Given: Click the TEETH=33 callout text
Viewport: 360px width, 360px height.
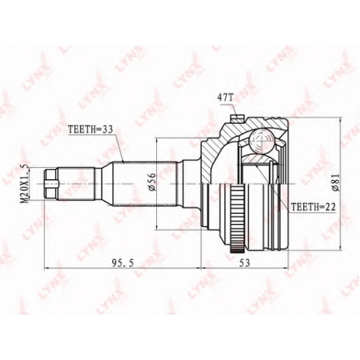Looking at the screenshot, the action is pyautogui.click(x=91, y=130).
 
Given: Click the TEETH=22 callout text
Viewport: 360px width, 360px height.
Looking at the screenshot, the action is pyautogui.click(x=312, y=207).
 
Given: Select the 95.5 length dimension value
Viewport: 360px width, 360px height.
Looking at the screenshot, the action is pyautogui.click(x=122, y=263).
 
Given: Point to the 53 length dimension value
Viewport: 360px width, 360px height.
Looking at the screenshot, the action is pyautogui.click(x=244, y=263).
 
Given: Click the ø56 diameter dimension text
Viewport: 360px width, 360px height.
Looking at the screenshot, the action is pyautogui.click(x=153, y=182).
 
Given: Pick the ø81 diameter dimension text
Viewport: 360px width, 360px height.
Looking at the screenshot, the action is pyautogui.click(x=336, y=182).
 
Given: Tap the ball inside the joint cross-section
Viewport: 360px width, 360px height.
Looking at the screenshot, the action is pyautogui.click(x=261, y=142).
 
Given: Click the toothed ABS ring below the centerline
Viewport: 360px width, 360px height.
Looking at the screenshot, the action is pyautogui.click(x=236, y=218).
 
